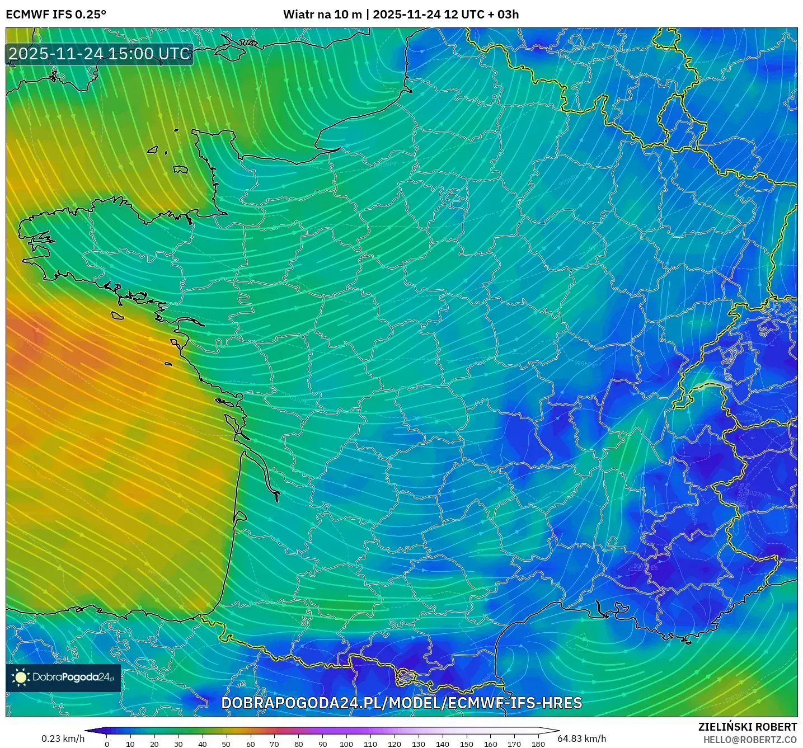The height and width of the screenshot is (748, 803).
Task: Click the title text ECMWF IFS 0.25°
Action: [56, 15]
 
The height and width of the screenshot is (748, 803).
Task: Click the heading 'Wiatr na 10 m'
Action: [322, 15]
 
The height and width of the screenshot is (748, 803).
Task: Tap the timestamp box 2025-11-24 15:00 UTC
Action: [100, 54]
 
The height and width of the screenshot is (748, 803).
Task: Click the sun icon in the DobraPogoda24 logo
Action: [21, 678]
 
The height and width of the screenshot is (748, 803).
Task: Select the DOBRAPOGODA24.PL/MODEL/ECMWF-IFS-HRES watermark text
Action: [402, 703]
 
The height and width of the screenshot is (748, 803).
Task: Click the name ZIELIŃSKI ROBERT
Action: [748, 727]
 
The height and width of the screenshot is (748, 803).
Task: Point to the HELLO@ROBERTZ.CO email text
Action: [750, 740]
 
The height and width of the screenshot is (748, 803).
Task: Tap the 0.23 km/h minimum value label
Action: [63, 738]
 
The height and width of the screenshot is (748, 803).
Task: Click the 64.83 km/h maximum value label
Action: [582, 738]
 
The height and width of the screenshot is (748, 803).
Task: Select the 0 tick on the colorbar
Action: [107, 744]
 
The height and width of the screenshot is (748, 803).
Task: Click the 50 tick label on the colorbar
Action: [226, 744]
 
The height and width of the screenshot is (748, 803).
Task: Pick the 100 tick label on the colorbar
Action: [346, 744]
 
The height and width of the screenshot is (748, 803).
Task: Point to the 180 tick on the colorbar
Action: [538, 744]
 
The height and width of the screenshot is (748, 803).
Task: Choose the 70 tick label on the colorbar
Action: [274, 744]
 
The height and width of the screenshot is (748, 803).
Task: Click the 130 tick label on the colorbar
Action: [419, 744]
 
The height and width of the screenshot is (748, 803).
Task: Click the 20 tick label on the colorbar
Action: [154, 744]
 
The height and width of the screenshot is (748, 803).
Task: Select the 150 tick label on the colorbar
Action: [466, 744]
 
